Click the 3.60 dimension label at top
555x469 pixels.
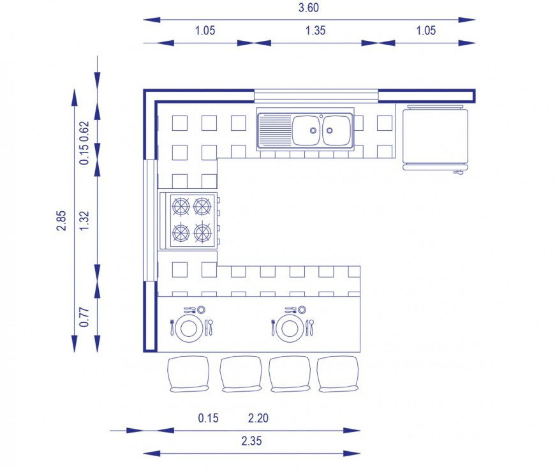coord(308,8)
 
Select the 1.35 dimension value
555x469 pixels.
coord(316,31)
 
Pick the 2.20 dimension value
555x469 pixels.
coord(258,419)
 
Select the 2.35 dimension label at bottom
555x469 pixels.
coord(251,441)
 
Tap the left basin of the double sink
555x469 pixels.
coord(306,130)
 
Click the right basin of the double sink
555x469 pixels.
coord(336,130)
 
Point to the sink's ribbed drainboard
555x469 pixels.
coord(274,130)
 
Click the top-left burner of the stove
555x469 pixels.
coord(181,206)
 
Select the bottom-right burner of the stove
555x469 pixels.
coord(203,232)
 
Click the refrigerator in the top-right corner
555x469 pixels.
coord(436,135)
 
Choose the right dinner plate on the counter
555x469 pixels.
coord(290,327)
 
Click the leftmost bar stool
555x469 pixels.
coord(188,373)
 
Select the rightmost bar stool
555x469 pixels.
coord(338,373)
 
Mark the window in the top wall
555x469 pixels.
coord(316,96)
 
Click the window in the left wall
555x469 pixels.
coord(150,220)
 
